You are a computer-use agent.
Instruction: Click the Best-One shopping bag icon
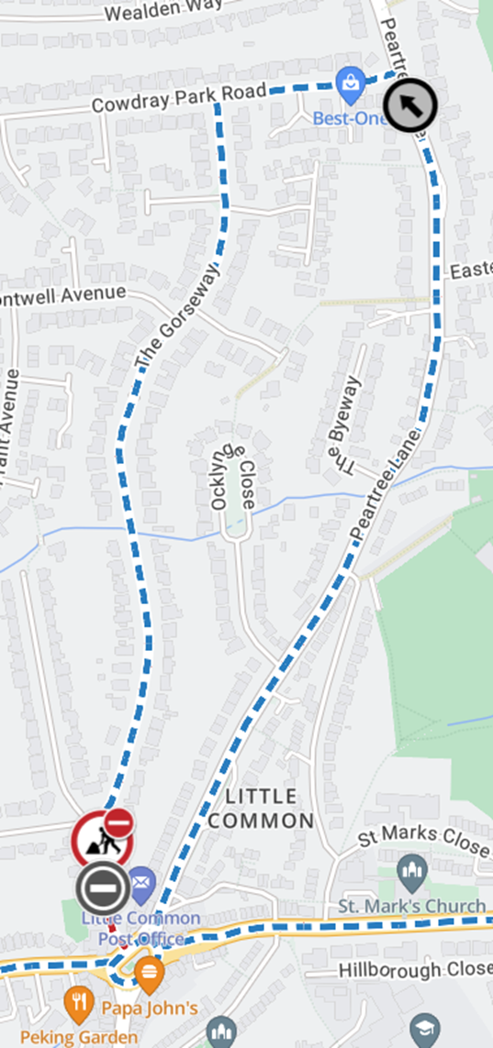(350, 84)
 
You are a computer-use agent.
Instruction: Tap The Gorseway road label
(179, 318)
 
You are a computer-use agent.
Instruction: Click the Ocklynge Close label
(231, 473)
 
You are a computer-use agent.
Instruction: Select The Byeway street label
(345, 424)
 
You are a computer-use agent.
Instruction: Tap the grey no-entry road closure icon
(102, 888)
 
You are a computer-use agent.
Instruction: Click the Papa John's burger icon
(149, 970)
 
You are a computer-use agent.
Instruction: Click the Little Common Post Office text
(140, 928)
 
